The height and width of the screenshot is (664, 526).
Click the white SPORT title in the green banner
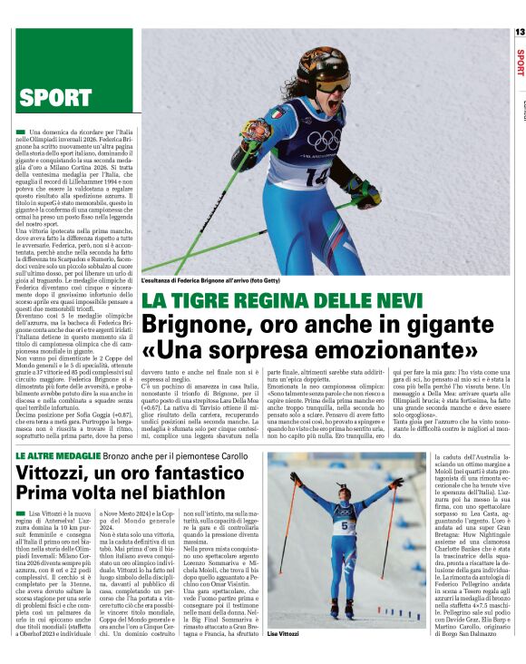pos(56,97)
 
